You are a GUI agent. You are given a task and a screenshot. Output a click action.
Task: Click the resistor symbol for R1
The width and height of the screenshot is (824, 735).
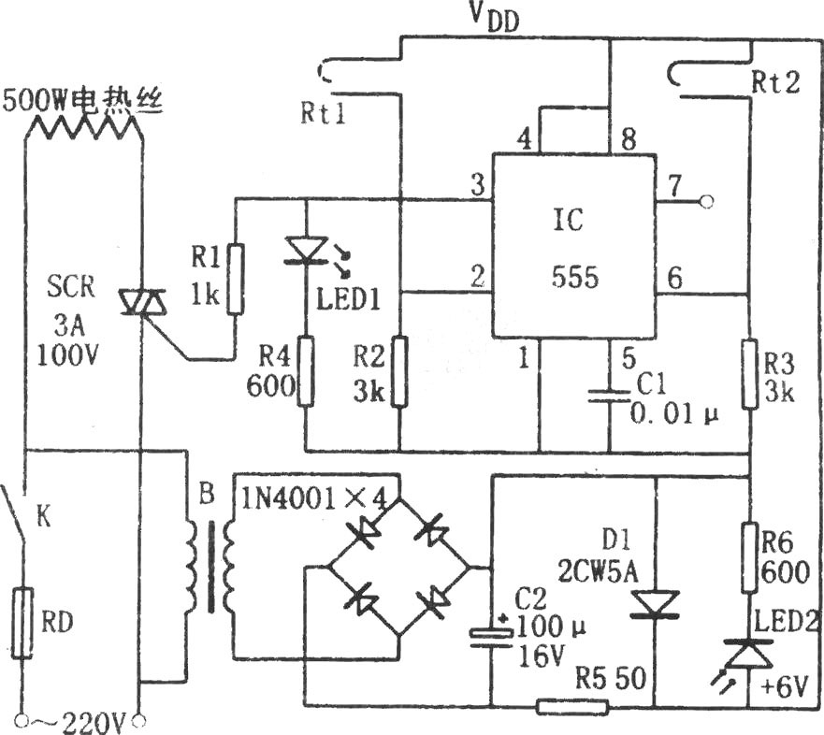click(236, 279)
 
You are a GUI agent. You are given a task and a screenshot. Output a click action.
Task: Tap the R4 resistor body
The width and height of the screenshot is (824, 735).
click(306, 371)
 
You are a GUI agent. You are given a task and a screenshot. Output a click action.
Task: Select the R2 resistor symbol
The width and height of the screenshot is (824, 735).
click(399, 371)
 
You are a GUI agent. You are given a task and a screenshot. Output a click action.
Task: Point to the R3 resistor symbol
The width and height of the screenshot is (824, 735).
click(750, 373)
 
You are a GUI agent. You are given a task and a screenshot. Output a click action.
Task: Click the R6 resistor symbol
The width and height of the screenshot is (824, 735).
click(750, 557)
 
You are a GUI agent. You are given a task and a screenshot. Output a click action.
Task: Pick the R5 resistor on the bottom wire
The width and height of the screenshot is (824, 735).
click(572, 707)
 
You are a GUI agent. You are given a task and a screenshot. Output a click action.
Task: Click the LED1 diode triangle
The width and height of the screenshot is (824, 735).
click(306, 250)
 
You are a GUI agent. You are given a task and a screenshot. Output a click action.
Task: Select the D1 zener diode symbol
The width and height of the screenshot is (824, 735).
click(655, 604)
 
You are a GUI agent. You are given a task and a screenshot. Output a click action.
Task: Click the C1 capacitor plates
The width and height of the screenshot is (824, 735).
click(609, 396)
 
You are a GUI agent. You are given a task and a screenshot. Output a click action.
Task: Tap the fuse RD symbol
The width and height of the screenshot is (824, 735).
click(22, 623)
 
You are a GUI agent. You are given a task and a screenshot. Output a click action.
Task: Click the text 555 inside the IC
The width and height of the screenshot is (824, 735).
click(575, 277)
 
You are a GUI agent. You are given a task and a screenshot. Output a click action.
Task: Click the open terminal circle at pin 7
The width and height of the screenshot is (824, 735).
click(707, 201)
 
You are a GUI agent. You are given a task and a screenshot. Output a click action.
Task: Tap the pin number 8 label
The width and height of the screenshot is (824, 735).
click(629, 139)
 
